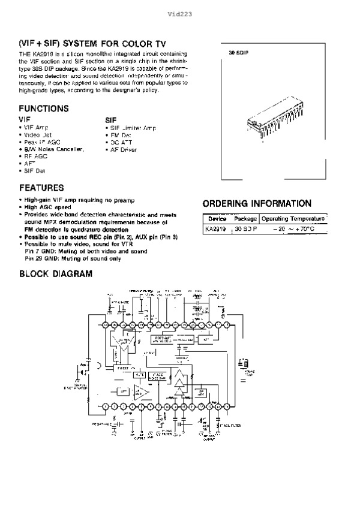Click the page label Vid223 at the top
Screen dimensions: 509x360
[x=180, y=13]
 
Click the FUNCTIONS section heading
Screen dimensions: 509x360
[x=44, y=109]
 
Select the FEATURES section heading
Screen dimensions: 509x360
[x=41, y=187]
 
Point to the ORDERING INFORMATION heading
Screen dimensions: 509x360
[x=257, y=203]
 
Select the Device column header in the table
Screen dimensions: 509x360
[x=216, y=219]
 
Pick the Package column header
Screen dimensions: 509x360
[x=245, y=219]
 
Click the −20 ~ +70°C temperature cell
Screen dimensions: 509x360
[x=294, y=229]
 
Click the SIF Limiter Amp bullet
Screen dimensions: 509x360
[x=132, y=128]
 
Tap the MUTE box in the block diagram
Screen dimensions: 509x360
[x=139, y=375]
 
